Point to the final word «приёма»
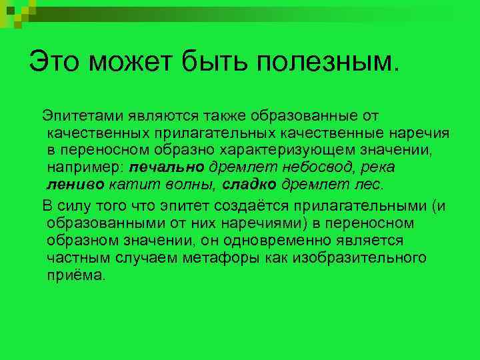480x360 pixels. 76,275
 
